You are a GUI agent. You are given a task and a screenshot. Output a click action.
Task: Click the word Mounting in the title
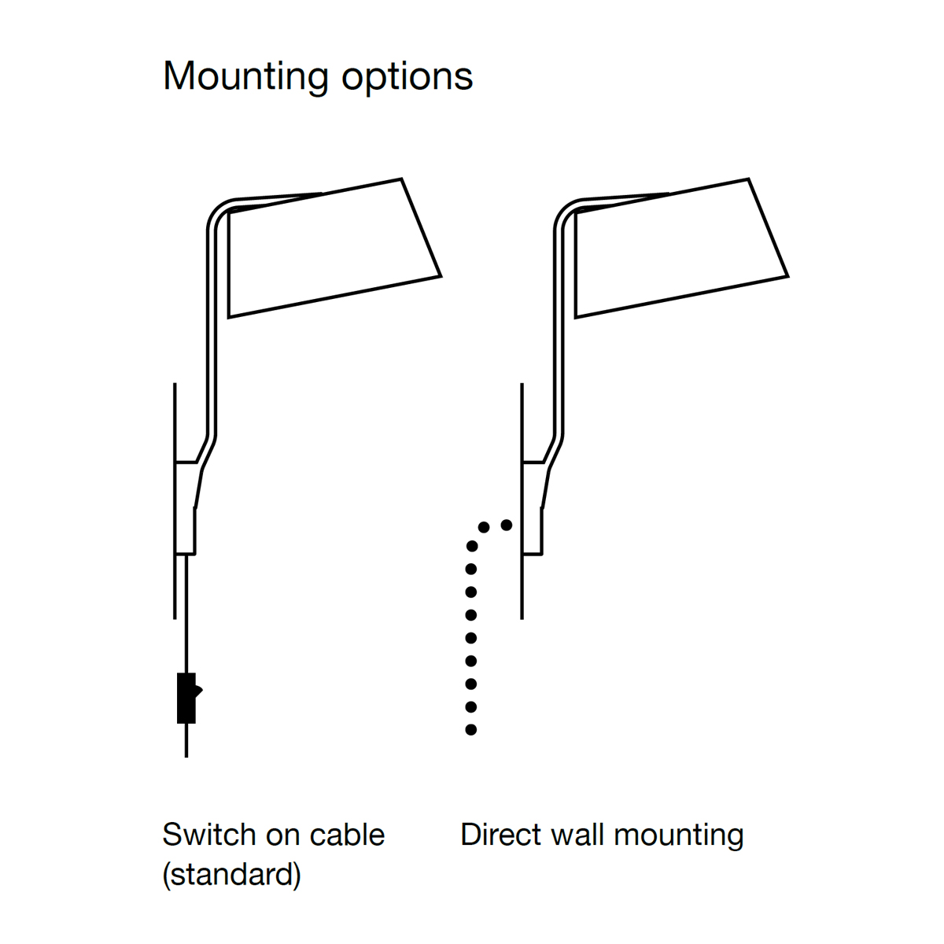(x=245, y=77)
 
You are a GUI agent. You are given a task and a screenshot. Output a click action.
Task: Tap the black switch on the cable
(x=187, y=698)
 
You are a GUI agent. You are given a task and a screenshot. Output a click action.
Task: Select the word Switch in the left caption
(x=202, y=835)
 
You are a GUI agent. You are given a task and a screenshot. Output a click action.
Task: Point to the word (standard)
(x=231, y=874)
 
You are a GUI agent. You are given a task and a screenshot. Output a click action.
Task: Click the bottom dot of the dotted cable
(x=471, y=730)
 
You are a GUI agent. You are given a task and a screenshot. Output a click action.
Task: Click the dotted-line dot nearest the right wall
(x=507, y=525)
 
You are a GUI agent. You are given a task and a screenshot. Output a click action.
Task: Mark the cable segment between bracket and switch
(x=186, y=614)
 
